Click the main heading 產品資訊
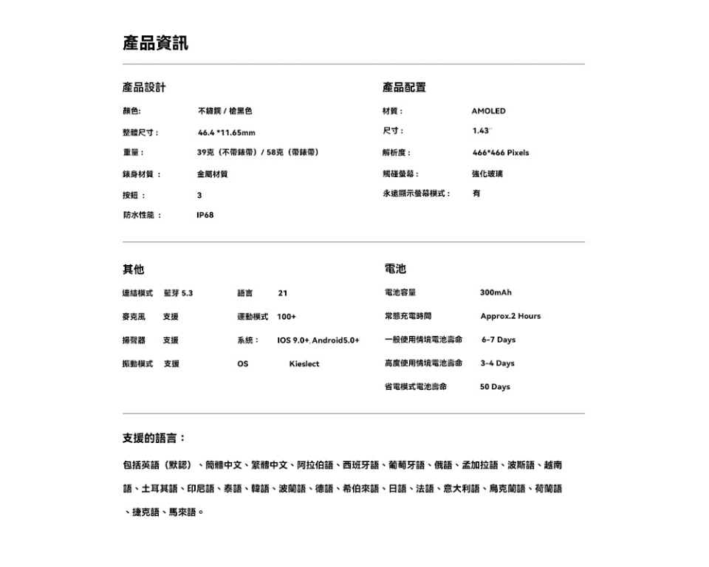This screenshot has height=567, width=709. click(x=155, y=44)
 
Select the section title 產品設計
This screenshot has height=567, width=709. click(x=144, y=88)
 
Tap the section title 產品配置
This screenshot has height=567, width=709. click(x=404, y=88)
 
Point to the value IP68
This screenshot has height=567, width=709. click(x=205, y=216)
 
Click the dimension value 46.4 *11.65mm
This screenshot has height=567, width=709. click(x=226, y=133)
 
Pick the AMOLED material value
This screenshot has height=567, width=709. click(x=488, y=111)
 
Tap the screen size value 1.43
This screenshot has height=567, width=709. click(x=481, y=131)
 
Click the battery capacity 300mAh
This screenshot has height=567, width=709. click(x=496, y=293)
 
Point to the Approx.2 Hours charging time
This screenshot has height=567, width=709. click(x=510, y=317)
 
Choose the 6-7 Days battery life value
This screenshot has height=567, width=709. click(x=499, y=340)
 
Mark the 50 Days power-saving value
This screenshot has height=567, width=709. click(x=495, y=388)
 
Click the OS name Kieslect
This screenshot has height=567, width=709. click(x=304, y=364)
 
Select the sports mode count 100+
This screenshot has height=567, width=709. click(x=287, y=317)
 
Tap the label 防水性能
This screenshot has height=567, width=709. click(x=141, y=216)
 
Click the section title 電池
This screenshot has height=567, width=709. click(x=395, y=269)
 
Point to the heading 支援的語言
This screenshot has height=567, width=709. click(x=154, y=439)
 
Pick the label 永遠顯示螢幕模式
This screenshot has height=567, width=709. click(x=417, y=193)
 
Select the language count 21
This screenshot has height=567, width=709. click(x=282, y=293)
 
